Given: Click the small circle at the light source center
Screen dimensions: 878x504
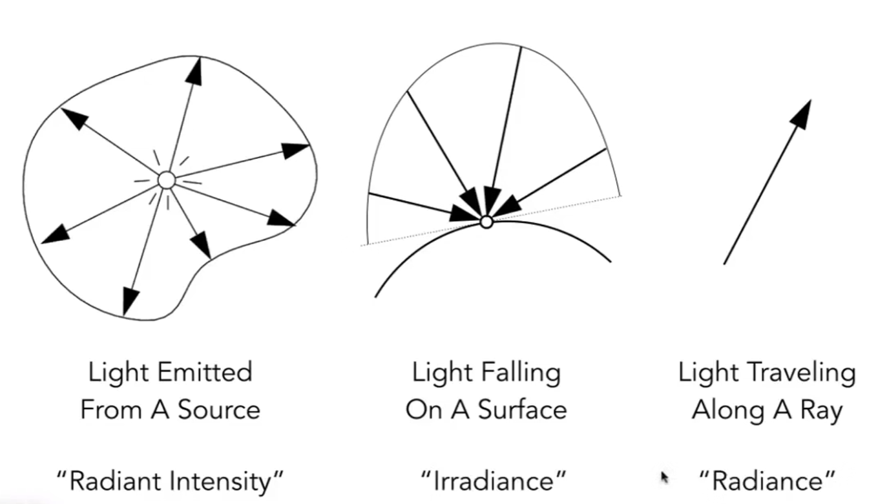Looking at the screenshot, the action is click(x=166, y=180).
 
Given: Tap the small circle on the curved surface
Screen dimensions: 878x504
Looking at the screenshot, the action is click(x=486, y=222).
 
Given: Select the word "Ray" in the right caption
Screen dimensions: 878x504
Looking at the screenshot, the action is click(x=821, y=410).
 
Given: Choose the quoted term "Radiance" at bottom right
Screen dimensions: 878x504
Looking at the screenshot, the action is click(x=768, y=481).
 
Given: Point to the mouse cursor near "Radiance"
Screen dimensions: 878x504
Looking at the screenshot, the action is click(x=665, y=478).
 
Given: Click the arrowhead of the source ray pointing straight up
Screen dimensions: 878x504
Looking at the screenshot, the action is click(x=194, y=70).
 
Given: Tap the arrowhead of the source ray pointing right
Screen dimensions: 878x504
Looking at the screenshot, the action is click(x=296, y=150).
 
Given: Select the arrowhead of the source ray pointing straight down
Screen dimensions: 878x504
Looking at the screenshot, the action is click(x=130, y=300).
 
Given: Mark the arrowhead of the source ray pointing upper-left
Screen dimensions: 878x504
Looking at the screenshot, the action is click(x=74, y=118).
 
